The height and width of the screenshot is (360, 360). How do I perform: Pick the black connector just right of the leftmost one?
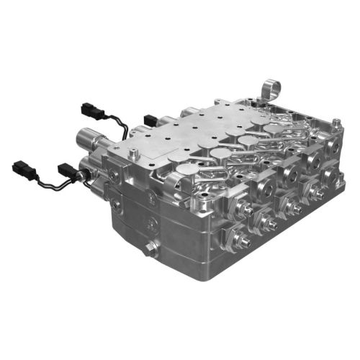(68, 172)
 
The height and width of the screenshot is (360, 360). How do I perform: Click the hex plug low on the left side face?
(150, 250)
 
